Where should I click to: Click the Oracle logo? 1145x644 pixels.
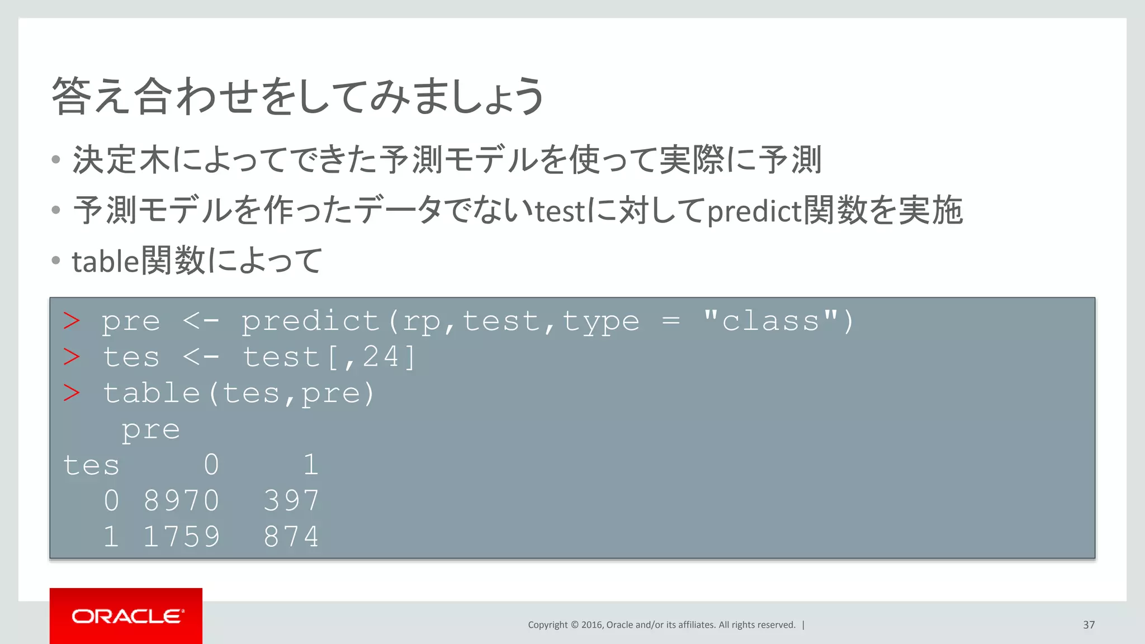pos(126,616)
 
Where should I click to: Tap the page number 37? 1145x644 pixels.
pos(1089,625)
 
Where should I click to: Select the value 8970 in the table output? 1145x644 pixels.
pos(181,500)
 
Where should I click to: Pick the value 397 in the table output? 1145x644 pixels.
pos(291,500)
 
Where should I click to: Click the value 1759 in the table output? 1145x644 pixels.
pos(181,537)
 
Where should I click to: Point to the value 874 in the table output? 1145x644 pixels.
pos(291,537)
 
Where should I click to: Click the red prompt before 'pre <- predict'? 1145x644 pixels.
pos(72,321)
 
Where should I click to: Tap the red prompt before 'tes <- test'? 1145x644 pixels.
pos(72,357)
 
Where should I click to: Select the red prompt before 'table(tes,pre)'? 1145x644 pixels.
pos(72,394)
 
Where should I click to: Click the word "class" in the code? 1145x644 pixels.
pos(770,321)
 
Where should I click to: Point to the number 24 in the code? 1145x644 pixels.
pos(381,357)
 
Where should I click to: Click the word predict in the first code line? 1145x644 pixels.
pos(311,321)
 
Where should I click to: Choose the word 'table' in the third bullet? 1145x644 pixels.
pos(105,261)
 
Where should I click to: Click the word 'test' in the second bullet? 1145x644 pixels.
pos(560,211)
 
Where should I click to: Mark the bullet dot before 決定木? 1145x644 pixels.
pos(55,160)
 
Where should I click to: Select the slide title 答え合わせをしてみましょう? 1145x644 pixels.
pos(297,96)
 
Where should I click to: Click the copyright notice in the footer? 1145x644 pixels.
pos(661,625)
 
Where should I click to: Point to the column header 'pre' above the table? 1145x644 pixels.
pos(151,430)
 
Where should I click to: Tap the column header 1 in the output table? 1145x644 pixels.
pos(311,465)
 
